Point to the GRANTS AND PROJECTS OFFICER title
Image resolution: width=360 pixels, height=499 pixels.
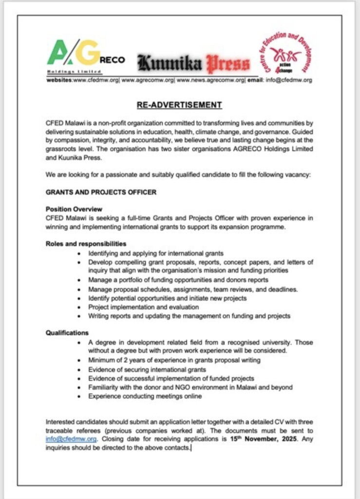[101, 192]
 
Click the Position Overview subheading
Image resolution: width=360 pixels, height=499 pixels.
[74, 209]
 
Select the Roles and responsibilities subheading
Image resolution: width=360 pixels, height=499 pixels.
[86, 243]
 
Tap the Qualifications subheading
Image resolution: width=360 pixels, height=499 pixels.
[67, 333]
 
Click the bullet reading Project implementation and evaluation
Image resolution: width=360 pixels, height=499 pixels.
[143, 307]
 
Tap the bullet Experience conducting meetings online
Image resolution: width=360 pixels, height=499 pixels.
[145, 396]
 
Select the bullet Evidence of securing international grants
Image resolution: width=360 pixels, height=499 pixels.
[140, 369]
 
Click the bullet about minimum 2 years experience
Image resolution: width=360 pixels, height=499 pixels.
[174, 360]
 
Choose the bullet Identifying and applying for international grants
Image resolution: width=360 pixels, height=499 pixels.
[155, 253]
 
